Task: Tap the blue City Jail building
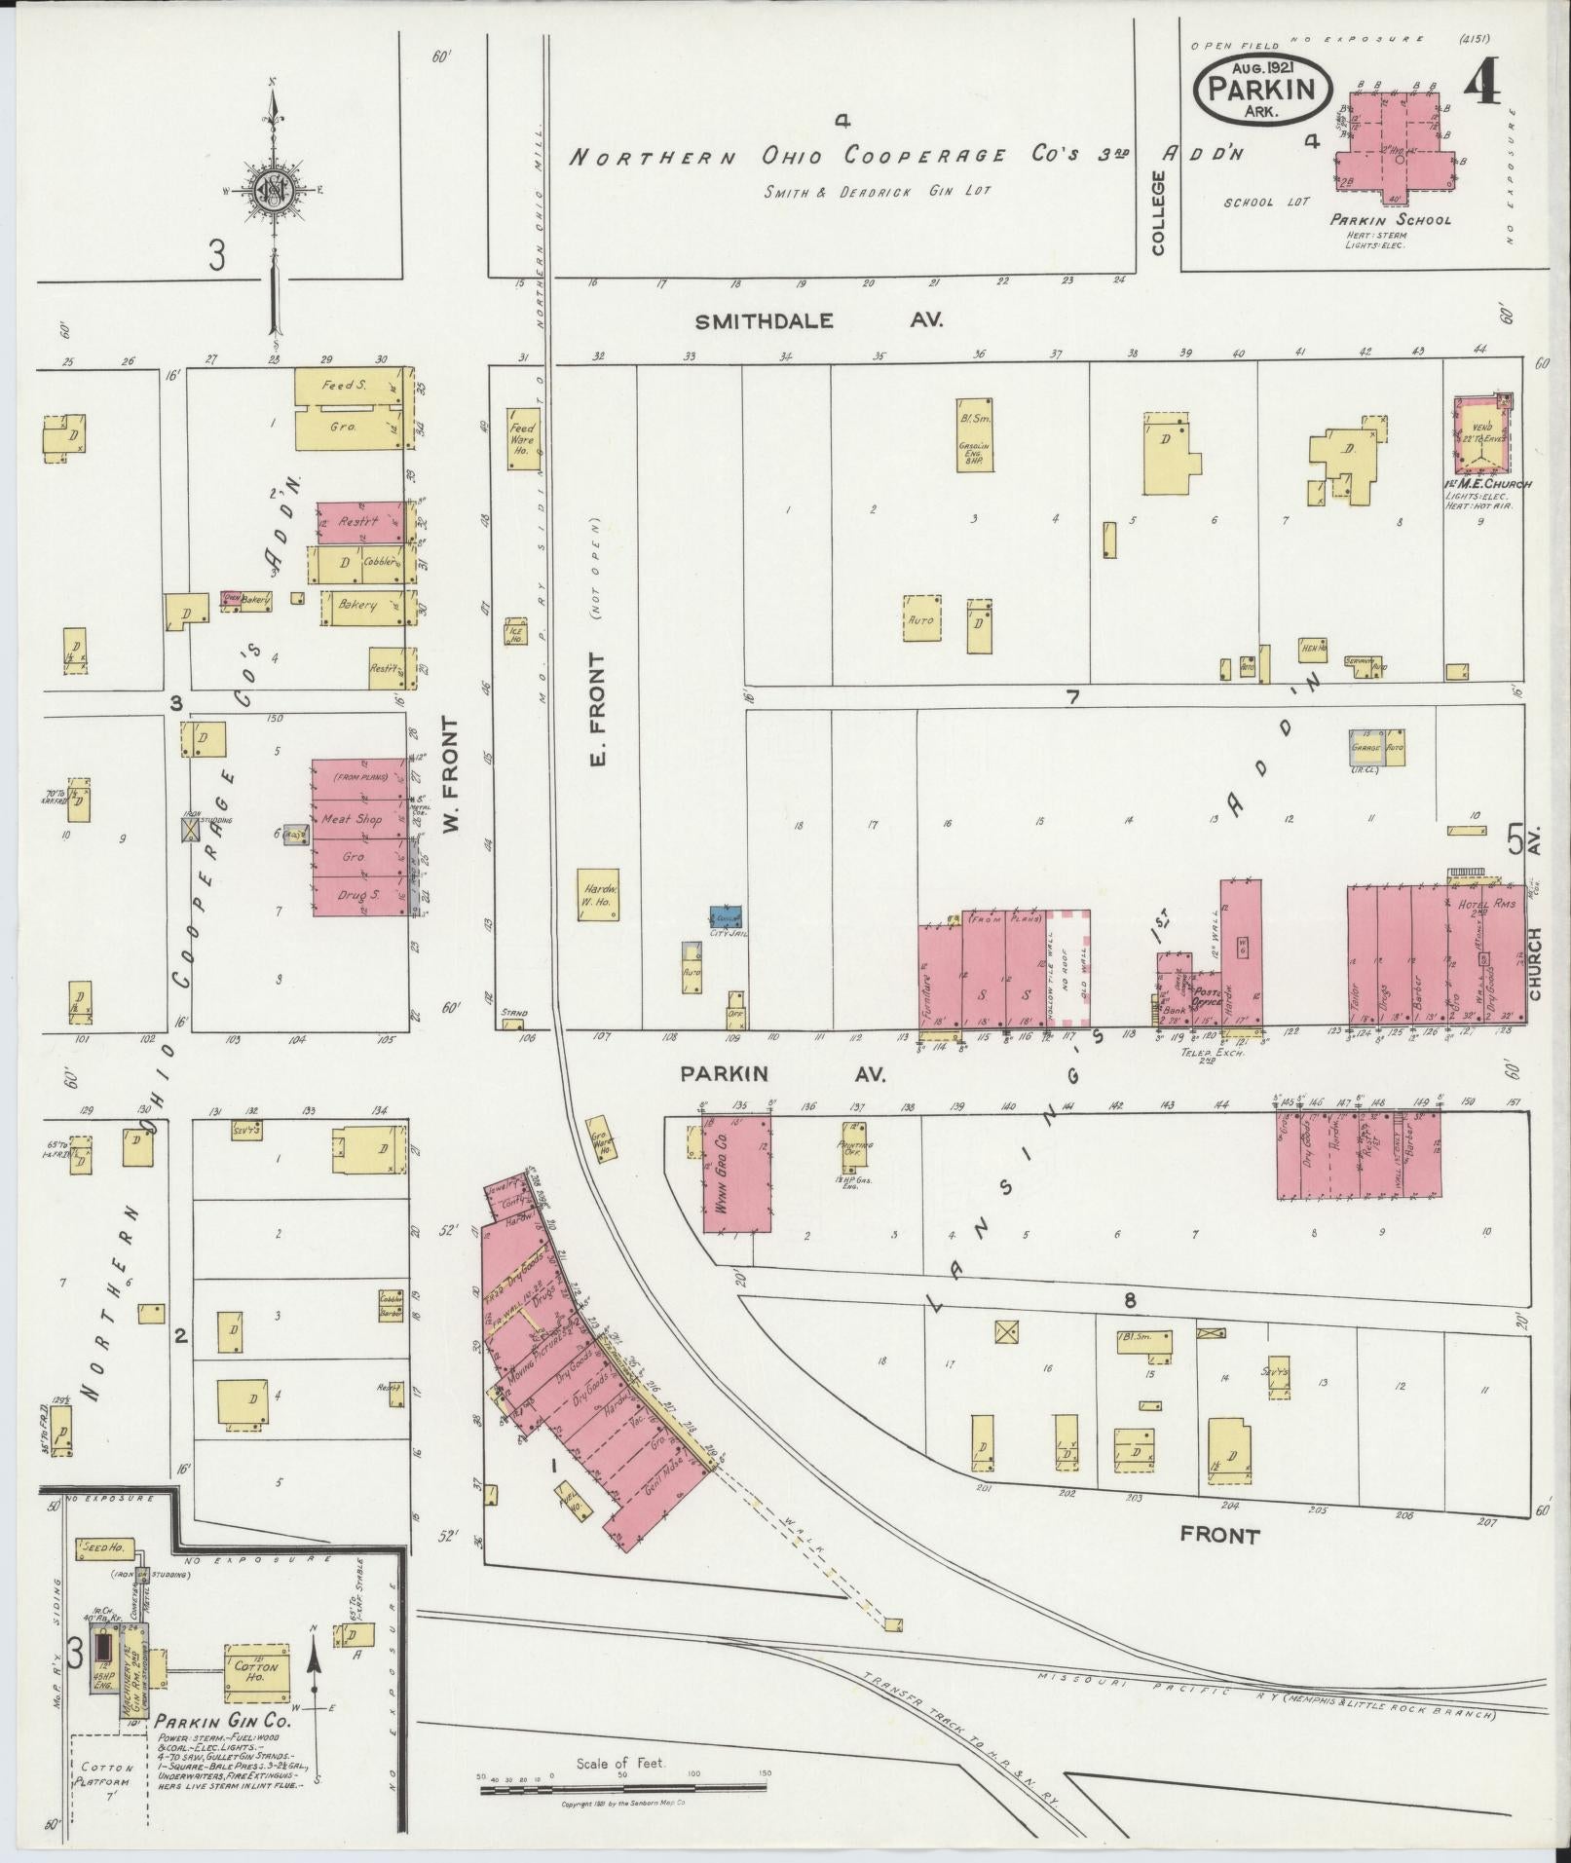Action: (726, 917)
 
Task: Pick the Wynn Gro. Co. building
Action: (736, 1175)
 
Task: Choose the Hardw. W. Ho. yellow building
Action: (596, 895)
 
